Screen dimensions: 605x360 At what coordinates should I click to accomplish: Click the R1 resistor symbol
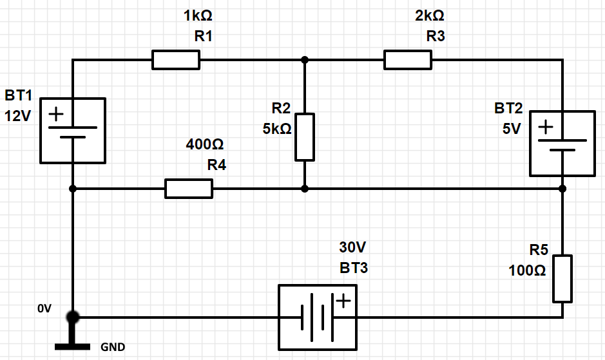176,60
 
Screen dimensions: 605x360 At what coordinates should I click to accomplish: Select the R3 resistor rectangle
408,60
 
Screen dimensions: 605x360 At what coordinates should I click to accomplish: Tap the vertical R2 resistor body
305,137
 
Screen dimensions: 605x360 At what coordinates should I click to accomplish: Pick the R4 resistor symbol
189,189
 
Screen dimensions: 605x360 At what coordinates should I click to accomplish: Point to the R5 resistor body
562,279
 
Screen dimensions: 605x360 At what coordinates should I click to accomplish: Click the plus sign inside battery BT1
56,114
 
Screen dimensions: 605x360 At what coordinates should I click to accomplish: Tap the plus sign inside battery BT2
546,127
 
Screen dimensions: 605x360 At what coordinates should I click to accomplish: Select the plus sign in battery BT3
343,301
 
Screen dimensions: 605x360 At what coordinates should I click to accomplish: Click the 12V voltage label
18,116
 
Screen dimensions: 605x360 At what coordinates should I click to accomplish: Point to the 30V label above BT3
352,247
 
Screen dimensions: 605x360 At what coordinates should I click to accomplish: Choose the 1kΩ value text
198,16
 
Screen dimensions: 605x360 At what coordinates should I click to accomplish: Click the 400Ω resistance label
205,144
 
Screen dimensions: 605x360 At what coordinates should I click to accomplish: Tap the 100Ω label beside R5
527,270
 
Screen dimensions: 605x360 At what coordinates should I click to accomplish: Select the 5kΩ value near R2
277,129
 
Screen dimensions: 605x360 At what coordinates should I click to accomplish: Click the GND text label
113,347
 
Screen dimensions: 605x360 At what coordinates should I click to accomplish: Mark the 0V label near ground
44,308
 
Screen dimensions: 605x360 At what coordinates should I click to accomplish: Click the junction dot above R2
305,60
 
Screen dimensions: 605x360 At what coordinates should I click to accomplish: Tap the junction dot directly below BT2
562,189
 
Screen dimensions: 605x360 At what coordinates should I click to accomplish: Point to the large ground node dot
73,317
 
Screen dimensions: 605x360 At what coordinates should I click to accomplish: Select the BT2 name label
508,108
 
